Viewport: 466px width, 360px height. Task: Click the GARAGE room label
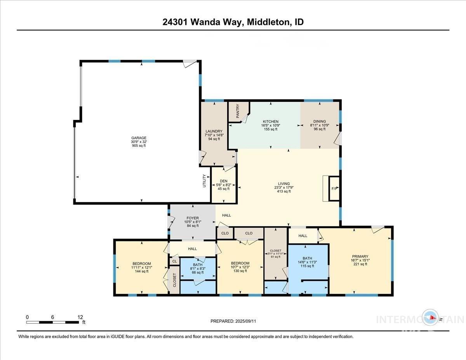tap(139, 138)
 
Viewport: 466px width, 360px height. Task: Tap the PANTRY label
tap(238, 111)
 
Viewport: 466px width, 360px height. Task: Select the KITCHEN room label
tap(270, 122)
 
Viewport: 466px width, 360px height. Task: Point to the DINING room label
tap(318, 122)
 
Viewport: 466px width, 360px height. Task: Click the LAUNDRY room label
tap(214, 131)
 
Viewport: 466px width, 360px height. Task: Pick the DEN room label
tap(223, 181)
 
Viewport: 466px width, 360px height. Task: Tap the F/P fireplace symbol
tap(334, 189)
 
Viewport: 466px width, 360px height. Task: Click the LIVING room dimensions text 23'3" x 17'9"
tap(283, 188)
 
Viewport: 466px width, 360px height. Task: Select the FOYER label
tap(192, 218)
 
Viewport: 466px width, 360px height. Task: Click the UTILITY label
tap(204, 181)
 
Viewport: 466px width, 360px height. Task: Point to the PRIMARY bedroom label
tap(360, 256)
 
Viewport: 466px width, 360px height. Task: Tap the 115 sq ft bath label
tap(307, 266)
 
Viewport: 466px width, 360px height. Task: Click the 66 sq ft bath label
tap(198, 273)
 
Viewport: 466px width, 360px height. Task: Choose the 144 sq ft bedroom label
tap(141, 271)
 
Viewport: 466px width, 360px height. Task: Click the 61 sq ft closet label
tap(275, 257)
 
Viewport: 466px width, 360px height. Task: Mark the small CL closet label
tap(174, 261)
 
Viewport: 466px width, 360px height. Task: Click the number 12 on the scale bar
tap(80, 317)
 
